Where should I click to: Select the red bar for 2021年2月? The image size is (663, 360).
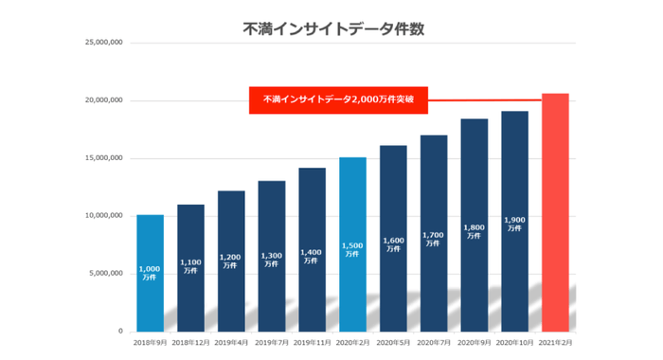coord(554,212)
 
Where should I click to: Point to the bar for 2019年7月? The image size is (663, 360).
coord(272,256)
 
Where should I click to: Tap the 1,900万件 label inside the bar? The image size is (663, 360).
coord(514,224)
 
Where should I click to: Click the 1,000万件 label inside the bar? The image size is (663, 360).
coord(150,274)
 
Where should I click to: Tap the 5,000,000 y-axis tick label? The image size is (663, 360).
coord(104,274)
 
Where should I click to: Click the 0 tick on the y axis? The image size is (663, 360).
coord(118,332)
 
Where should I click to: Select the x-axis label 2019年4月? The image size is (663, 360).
coord(231,343)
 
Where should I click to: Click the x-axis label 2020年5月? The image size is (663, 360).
coord(393,343)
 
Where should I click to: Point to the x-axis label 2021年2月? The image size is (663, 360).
coord(554,343)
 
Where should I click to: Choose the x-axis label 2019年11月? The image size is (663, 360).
coord(312,343)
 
